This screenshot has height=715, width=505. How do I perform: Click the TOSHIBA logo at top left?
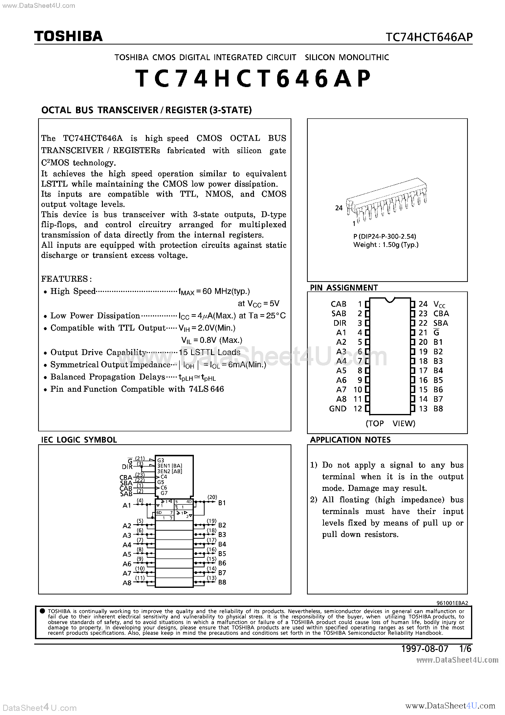68,36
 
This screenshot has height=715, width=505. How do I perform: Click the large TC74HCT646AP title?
253,78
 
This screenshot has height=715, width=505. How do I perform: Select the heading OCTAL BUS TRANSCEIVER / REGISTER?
146,110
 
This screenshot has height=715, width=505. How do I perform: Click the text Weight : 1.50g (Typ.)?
386,245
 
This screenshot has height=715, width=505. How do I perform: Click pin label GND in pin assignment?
338,409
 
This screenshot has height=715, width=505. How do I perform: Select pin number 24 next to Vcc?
423,304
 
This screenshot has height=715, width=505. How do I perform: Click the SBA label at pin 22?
440,323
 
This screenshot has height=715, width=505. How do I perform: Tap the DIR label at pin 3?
340,323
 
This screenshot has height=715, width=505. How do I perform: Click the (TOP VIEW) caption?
390,423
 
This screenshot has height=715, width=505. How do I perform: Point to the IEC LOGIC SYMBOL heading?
79,440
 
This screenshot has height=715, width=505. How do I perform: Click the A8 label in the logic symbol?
127,583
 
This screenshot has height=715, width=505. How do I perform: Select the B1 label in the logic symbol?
222,503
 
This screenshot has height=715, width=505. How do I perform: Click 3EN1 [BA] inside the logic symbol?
170,466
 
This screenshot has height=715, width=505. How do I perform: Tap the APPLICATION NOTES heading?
350,440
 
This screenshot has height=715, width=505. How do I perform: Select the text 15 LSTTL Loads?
209,352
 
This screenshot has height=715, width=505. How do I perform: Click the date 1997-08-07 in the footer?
425,648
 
